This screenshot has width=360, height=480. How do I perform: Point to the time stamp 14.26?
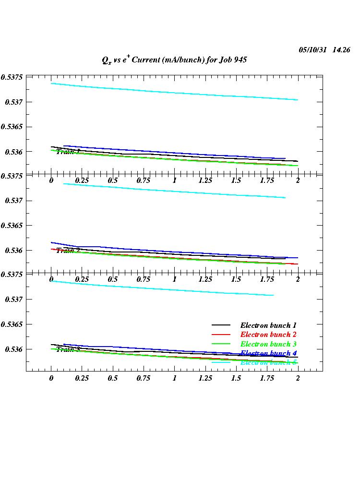pos(341,50)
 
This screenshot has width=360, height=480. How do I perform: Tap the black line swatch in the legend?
pos(221,325)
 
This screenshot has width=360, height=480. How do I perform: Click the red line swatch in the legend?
pos(221,335)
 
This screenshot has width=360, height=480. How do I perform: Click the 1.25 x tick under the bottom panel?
pos(205,378)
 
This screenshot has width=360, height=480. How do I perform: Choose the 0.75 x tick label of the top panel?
pos(144,180)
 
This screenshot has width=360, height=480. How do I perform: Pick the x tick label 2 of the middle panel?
pos(298,279)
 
